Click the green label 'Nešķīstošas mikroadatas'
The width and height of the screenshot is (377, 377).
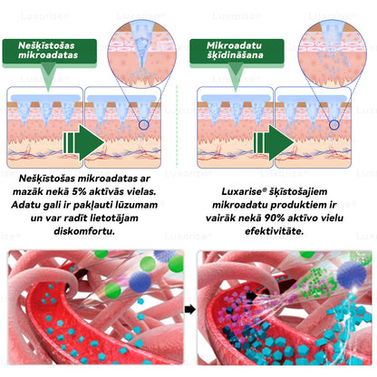tap(50, 51)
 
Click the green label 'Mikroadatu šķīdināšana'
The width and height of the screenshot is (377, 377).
tap(237, 51)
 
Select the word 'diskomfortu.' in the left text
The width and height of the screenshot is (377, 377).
tap(84, 231)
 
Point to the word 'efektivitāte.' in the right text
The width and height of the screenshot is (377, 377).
tap(275, 231)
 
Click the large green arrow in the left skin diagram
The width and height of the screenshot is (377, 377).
tap(83, 142)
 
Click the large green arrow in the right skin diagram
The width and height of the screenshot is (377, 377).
tap(274, 142)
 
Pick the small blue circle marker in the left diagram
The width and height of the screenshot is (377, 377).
tap(144, 125)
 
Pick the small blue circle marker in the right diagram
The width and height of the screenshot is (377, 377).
tap(333, 125)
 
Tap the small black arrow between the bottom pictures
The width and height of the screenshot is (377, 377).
tap(190, 309)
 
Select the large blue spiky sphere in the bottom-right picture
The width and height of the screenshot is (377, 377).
tap(351, 274)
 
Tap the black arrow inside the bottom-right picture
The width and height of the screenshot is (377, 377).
tap(251, 295)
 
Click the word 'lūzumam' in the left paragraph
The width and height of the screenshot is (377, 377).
tap(137, 205)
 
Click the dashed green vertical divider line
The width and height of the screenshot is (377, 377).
tap(177, 126)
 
